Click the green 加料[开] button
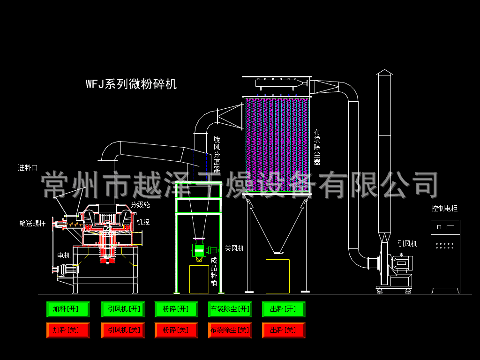click(x=68, y=309)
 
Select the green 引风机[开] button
click(x=123, y=309)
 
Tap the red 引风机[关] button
click(x=123, y=330)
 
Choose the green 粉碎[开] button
click(x=176, y=309)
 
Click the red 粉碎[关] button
click(x=176, y=330)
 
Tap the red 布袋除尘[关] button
click(x=230, y=330)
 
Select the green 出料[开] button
click(x=284, y=309)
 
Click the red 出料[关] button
click(x=284, y=330)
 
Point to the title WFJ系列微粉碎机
click(x=131, y=84)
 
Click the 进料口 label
click(x=28, y=168)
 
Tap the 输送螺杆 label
click(x=32, y=224)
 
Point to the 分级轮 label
click(x=140, y=205)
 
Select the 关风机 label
click(x=234, y=248)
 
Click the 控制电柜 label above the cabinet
click(x=444, y=209)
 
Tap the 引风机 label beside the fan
click(x=407, y=244)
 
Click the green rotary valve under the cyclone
click(x=199, y=251)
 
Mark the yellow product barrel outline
click(x=199, y=279)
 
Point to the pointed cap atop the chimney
click(x=384, y=72)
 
